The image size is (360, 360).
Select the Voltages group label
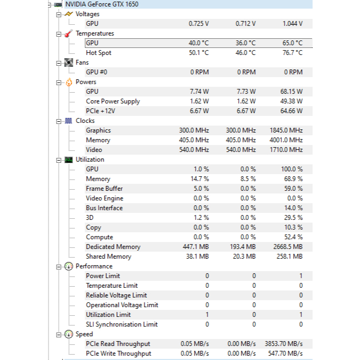pyautogui.click(x=87, y=14)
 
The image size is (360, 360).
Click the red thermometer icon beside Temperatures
pyautogui.click(x=68, y=33)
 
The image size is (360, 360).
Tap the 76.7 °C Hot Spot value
pyautogui.click(x=292, y=53)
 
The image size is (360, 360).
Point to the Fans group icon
pyautogui.click(x=68, y=63)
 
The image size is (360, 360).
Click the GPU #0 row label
pyautogui.click(x=96, y=72)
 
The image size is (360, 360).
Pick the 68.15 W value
pyautogui.click(x=292, y=92)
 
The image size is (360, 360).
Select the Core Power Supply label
pyautogui.click(x=113, y=101)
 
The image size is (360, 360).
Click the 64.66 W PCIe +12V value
pyautogui.click(x=292, y=111)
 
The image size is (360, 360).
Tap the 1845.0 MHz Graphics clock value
pyautogui.click(x=286, y=130)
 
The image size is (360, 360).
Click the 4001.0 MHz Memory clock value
pyautogui.click(x=286, y=140)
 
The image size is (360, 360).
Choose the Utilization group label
pyautogui.click(x=90, y=160)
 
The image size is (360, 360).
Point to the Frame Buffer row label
pyautogui.click(x=104, y=189)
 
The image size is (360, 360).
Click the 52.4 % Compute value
pyautogui.click(x=293, y=237)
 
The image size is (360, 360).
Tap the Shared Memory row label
pyautogui.click(x=108, y=257)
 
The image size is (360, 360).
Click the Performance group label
pyautogui.click(x=94, y=266)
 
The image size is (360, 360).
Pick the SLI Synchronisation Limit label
pyautogui.click(x=122, y=324)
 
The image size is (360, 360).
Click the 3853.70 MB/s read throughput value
pyautogui.click(x=283, y=344)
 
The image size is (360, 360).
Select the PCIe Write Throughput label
pyautogui.click(x=119, y=354)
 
